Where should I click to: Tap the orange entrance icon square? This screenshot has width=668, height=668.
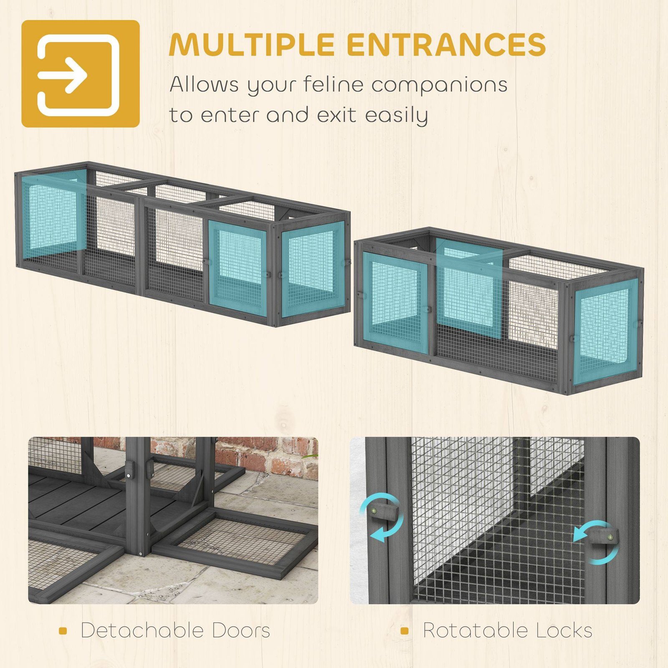click(81, 73)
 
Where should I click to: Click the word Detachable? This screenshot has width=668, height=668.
click(143, 630)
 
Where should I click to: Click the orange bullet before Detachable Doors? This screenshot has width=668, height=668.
click(63, 631)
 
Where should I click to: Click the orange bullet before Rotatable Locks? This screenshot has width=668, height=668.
click(404, 631)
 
